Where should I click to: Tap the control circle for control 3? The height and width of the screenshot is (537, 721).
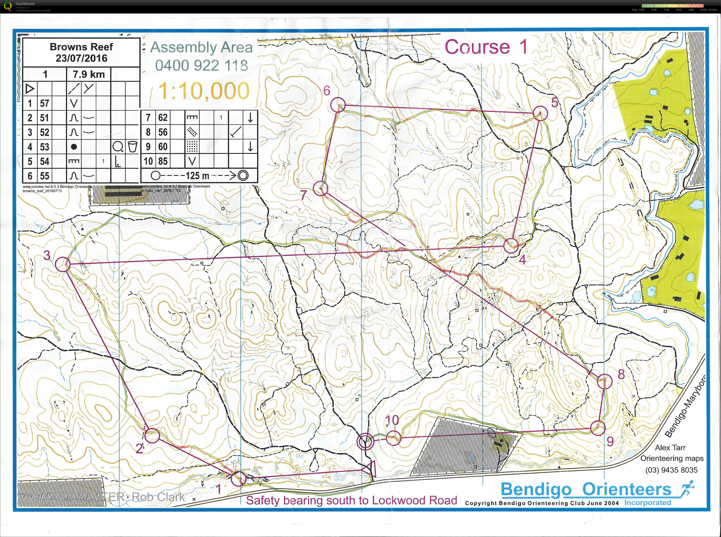click(63, 264)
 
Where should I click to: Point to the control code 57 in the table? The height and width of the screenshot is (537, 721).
click(45, 103)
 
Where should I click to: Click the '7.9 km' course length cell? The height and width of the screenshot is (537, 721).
click(89, 74)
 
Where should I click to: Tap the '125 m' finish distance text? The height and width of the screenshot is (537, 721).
click(197, 176)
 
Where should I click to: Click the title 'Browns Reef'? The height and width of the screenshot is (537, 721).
click(81, 47)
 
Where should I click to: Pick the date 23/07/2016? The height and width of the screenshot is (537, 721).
click(81, 58)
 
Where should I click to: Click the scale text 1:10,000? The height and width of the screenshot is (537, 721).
click(204, 91)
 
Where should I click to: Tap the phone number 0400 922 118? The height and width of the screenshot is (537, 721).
click(202, 65)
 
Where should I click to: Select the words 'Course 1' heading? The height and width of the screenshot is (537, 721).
click(486, 47)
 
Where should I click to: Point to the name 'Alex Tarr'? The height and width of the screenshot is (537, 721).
click(670, 448)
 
